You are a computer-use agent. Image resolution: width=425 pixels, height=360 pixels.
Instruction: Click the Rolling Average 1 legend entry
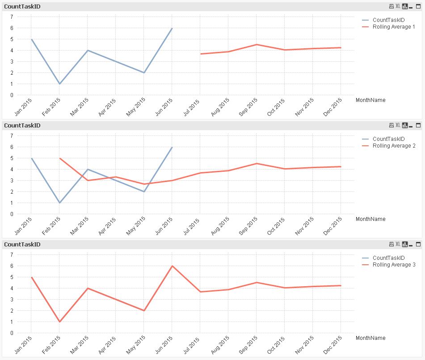tap(393, 27)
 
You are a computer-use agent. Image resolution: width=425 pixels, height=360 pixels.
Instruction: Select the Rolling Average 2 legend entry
tap(393, 146)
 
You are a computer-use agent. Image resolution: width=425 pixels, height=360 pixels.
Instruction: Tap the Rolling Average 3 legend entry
tap(393, 265)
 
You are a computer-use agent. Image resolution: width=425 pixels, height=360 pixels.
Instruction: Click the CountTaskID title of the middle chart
tap(22, 126)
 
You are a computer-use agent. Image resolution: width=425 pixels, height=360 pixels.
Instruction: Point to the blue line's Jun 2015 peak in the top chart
tap(172, 28)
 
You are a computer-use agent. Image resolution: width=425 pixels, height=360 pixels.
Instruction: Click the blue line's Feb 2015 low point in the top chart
tap(59, 84)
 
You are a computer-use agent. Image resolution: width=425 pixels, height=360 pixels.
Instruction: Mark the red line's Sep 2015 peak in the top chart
tap(256, 45)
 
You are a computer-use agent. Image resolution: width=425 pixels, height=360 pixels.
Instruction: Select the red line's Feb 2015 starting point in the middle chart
tap(60, 158)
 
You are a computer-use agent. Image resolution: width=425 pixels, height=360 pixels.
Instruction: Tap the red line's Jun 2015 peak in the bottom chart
tap(172, 266)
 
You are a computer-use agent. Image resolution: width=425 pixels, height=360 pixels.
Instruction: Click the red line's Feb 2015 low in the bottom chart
tap(59, 322)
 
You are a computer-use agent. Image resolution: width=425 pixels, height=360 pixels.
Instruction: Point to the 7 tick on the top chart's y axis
tap(11, 17)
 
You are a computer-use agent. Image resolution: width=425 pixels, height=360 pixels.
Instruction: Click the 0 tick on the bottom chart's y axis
tap(11, 333)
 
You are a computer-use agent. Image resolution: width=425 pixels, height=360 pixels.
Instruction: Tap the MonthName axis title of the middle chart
tap(370, 219)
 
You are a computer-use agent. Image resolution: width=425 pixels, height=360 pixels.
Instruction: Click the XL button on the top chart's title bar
tap(398, 6)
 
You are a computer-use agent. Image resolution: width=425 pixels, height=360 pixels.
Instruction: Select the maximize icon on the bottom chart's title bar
tap(419, 244)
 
